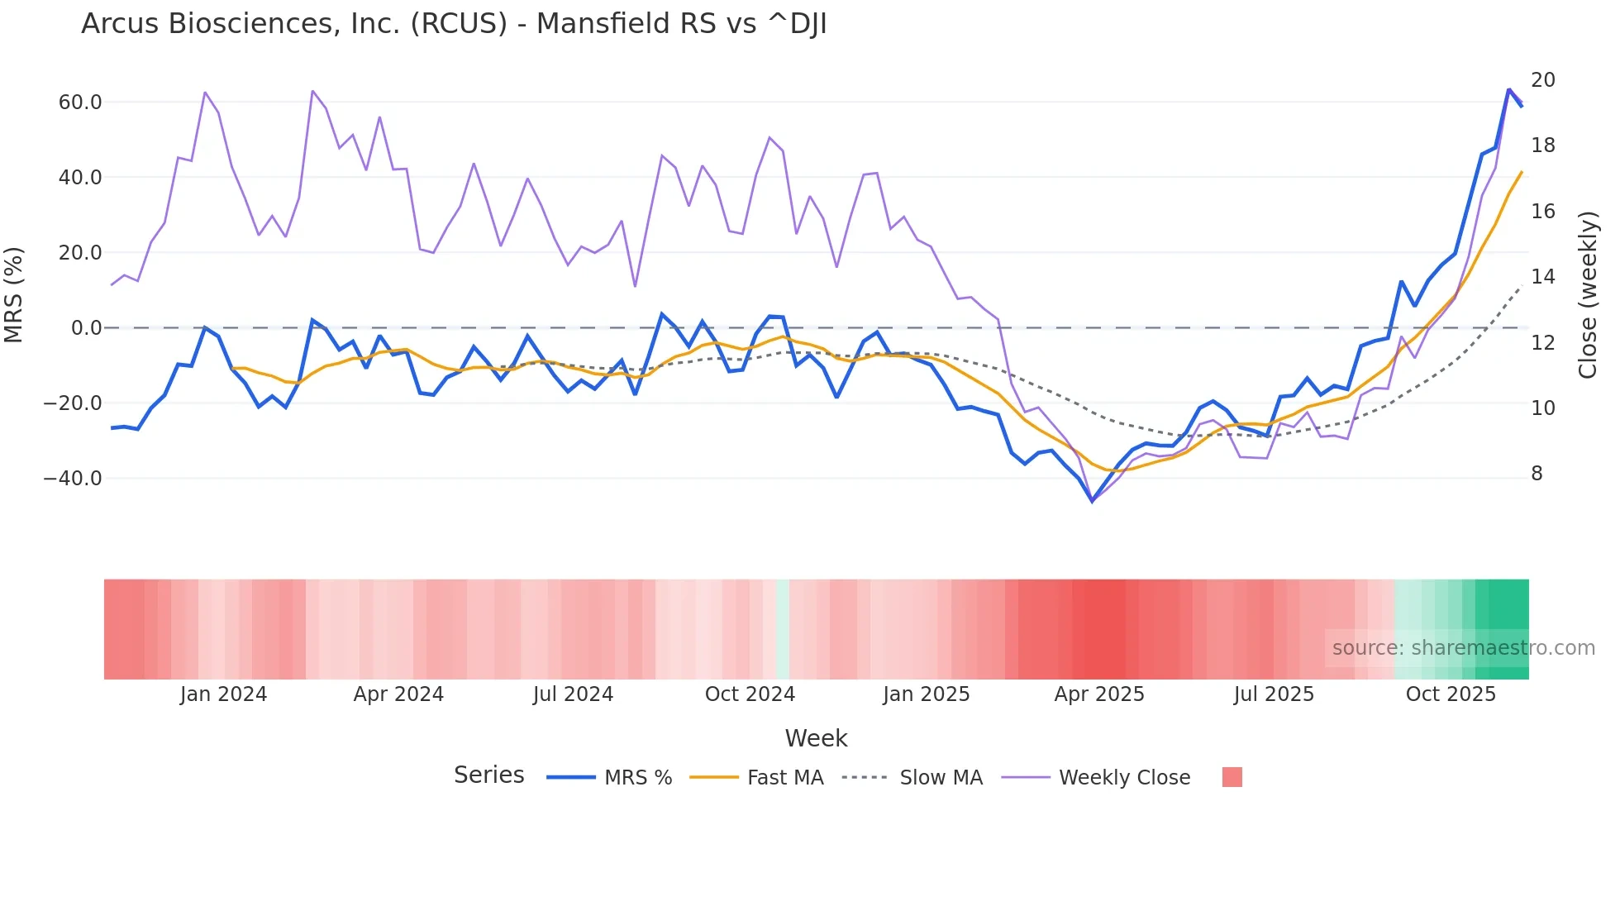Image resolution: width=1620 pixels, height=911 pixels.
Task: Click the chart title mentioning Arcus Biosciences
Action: pyautogui.click(x=454, y=24)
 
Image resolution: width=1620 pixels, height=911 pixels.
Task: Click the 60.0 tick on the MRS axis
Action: pyautogui.click(x=80, y=103)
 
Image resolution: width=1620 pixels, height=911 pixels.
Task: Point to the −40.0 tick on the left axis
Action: pyautogui.click(x=73, y=479)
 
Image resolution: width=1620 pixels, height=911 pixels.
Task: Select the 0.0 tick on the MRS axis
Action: pyautogui.click(x=87, y=328)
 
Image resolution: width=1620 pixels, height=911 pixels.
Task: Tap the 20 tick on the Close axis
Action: pyautogui.click(x=1542, y=80)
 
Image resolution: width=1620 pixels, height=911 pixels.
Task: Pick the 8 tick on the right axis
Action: pyautogui.click(x=1537, y=474)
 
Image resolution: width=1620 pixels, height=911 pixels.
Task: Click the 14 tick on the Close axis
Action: pyautogui.click(x=1542, y=277)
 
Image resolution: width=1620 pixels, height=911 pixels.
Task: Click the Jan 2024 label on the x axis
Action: pyautogui.click(x=223, y=694)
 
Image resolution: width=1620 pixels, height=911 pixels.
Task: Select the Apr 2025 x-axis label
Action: pyautogui.click(x=1098, y=694)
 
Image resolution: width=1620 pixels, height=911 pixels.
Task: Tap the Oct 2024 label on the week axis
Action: pyautogui.click(x=750, y=694)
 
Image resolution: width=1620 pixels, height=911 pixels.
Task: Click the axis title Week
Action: pyautogui.click(x=816, y=738)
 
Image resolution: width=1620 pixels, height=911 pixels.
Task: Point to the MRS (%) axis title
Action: pyautogui.click(x=14, y=294)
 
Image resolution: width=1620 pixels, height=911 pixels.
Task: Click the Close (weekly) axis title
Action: pyautogui.click(x=1588, y=294)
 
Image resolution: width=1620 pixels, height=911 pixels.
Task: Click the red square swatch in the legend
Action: pyautogui.click(x=1232, y=777)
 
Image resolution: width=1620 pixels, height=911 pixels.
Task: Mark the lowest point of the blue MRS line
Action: pyautogui.click(x=1092, y=500)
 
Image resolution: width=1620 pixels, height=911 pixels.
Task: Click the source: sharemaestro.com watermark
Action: pyautogui.click(x=1463, y=648)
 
